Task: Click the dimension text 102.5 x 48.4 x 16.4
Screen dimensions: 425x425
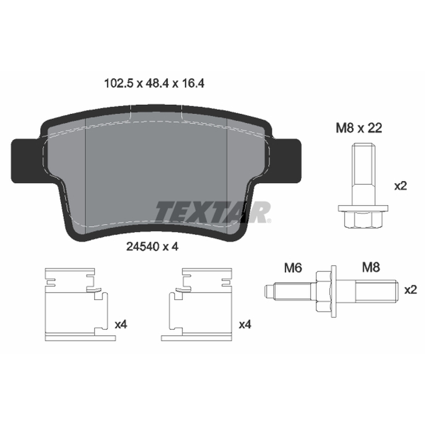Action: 154,83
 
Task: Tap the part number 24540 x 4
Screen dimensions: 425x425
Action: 152,246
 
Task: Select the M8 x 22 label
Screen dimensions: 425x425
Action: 359,128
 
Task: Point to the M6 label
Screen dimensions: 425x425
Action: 293,268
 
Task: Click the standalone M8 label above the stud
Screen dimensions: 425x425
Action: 371,267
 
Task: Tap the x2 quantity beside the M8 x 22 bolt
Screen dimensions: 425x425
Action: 401,186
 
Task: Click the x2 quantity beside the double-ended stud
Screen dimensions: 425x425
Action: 410,290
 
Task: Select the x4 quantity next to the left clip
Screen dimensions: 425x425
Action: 121,324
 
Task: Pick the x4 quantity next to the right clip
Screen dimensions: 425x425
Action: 245,324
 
